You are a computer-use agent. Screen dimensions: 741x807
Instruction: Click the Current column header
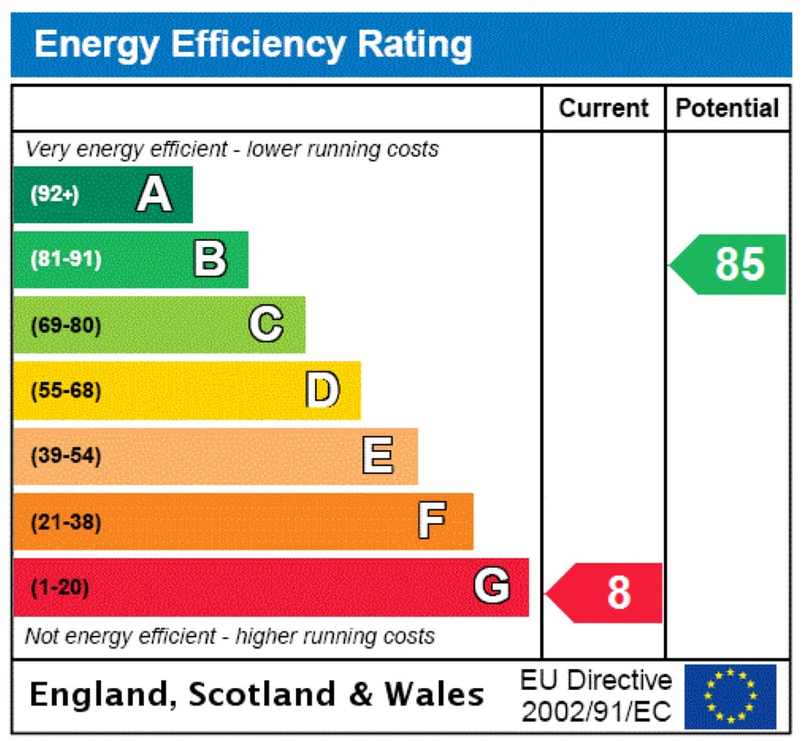tap(603, 108)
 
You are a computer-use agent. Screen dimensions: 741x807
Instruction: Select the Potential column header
tap(727, 108)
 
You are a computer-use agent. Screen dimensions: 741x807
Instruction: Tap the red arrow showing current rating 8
tap(606, 592)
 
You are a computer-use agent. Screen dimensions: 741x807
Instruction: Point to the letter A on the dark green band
tap(154, 194)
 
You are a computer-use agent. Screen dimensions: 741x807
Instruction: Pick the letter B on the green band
tap(209, 260)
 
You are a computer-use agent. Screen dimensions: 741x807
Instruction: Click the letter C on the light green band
tap(266, 324)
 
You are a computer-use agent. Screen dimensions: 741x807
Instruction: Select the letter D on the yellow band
tap(322, 390)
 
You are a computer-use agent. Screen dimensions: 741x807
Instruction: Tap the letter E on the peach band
tap(378, 456)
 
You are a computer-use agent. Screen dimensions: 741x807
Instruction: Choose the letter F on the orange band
tap(432, 521)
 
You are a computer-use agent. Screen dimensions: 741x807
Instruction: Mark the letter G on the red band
tap(491, 587)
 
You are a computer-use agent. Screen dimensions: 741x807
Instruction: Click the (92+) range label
tap(55, 194)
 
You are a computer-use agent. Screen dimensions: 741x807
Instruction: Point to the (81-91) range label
tap(66, 260)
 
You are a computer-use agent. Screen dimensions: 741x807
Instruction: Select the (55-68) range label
tap(66, 391)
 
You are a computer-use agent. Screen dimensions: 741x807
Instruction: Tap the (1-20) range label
tap(60, 588)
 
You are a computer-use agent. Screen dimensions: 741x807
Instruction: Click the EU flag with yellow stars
tap(730, 696)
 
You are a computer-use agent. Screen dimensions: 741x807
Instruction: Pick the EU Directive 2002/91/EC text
tap(596, 696)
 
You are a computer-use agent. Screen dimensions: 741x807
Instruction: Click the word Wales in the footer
tap(434, 695)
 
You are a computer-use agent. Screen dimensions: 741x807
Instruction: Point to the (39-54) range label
tap(66, 457)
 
